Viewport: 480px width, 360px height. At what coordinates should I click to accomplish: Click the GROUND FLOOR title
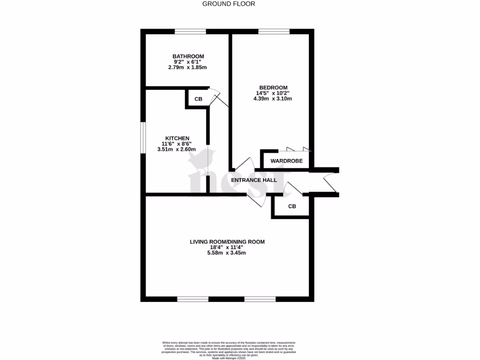point(229,4)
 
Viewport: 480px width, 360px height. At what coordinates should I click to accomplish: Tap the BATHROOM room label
point(188,56)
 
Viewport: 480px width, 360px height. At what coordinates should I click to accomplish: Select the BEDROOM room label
point(273,87)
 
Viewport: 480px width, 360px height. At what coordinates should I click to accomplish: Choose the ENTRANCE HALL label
point(254,180)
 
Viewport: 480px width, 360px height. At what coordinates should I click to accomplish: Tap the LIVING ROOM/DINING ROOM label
point(227,242)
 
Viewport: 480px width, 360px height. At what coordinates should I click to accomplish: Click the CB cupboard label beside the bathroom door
point(198,99)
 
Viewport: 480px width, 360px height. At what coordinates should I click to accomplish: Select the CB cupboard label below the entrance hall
point(292,206)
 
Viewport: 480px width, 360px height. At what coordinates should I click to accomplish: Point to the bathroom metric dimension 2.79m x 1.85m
point(187,67)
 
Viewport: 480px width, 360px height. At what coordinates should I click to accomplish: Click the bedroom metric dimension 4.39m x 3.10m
point(273,98)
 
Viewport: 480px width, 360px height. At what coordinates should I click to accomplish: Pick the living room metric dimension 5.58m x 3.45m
point(227,253)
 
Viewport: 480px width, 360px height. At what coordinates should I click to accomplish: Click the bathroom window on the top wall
point(190,32)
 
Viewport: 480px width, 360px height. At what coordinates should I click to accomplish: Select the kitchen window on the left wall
point(143,137)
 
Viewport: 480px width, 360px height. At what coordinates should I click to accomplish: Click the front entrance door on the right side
point(330,182)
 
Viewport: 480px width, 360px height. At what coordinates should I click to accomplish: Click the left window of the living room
point(193,299)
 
